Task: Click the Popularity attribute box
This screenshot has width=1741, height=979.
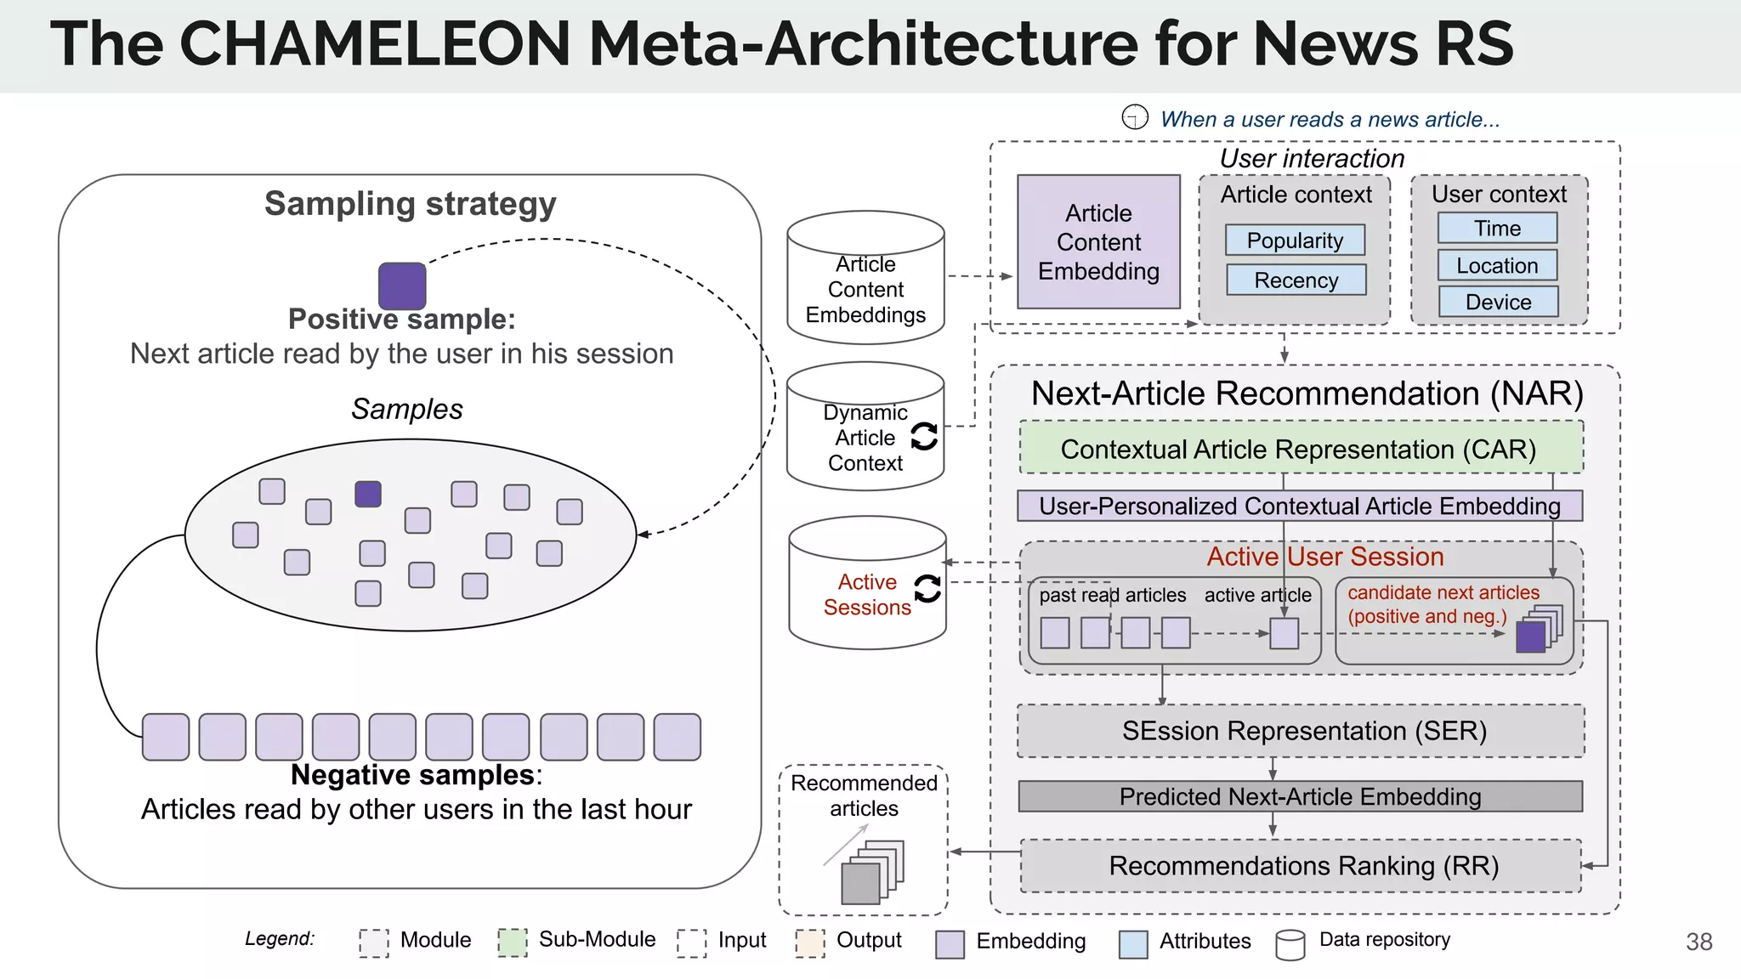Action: pos(1295,241)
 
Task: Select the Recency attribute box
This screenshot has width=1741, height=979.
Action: pos(1296,280)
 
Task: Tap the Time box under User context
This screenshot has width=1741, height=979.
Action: pos(1497,228)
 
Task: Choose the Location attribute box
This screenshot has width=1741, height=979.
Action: pos(1497,265)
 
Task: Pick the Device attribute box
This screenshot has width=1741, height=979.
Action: pos(1498,302)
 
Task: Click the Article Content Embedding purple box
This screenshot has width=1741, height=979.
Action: pos(1098,242)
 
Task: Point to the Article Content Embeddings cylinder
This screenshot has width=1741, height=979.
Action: pos(865,279)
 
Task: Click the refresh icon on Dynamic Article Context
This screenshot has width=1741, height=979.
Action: pos(924,437)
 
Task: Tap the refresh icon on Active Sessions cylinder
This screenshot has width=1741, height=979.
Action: pos(927,588)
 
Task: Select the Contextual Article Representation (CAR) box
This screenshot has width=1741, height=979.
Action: pos(1301,448)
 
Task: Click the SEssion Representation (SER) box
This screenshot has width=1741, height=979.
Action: pos(1301,731)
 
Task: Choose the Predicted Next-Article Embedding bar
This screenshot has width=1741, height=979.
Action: pos(1300,796)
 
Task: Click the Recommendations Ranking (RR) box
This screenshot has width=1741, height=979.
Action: pos(1301,866)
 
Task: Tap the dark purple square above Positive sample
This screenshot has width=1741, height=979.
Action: pos(402,286)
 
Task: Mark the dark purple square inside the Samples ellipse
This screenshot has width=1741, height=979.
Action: pos(368,494)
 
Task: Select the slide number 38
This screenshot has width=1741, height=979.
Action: pos(1698,942)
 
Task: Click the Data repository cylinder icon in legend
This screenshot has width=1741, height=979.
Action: pos(1290,944)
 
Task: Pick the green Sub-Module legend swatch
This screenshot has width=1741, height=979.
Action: pos(513,942)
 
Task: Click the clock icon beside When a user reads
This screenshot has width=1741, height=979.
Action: pos(1135,117)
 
